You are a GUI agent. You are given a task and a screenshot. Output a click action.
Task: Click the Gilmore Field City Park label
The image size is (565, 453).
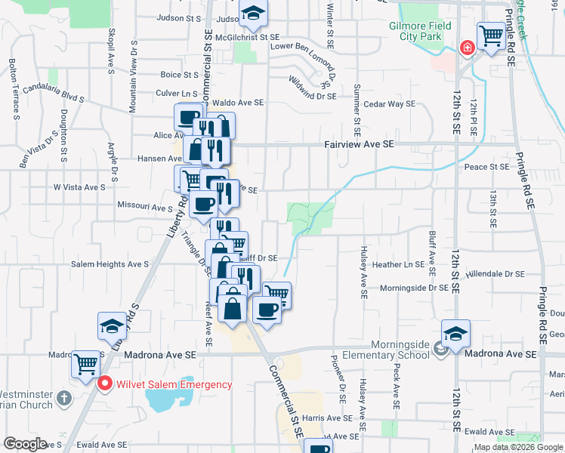(x=420, y=31)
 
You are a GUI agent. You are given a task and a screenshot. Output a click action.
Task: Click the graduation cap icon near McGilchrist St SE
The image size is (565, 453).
(x=254, y=13)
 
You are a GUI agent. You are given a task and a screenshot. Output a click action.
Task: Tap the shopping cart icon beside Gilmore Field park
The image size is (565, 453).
(x=491, y=35)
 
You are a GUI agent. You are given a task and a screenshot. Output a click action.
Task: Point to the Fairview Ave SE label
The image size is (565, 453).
(x=359, y=143)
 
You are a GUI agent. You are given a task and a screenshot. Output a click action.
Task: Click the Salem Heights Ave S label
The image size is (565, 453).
(x=110, y=265)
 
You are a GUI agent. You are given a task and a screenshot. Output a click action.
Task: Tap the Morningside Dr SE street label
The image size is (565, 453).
(x=414, y=288)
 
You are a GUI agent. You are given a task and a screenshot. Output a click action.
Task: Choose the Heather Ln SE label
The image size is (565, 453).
(x=397, y=265)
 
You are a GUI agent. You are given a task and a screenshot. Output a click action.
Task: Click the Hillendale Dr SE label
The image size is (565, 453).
(x=495, y=273)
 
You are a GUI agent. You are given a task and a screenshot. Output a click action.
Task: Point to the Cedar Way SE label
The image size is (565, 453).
(x=390, y=104)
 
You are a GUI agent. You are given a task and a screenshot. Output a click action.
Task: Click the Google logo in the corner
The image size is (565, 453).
(x=24, y=444)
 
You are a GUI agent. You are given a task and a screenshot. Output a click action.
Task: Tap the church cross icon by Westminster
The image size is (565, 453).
(x=65, y=397)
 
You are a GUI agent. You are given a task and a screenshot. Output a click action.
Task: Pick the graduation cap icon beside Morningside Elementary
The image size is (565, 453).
(x=456, y=333)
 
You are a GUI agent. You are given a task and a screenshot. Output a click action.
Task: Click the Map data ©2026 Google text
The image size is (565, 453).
(x=519, y=447)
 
